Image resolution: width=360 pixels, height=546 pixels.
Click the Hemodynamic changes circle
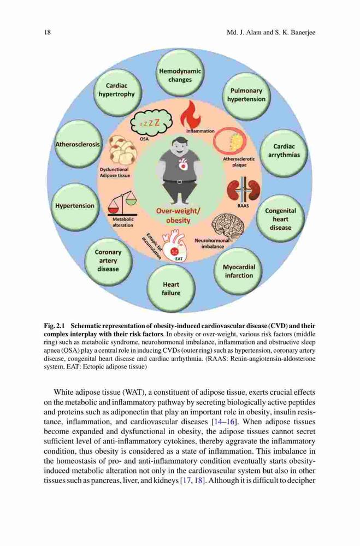pyautogui.click(x=180, y=74)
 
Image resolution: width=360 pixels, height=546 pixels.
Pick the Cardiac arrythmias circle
pyautogui.click(x=284, y=152)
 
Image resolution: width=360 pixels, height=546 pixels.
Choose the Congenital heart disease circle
pyautogui.click(x=280, y=219)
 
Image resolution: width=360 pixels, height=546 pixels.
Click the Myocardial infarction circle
pyautogui.click(x=239, y=271)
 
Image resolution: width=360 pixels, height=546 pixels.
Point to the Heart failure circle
pyautogui.click(x=171, y=288)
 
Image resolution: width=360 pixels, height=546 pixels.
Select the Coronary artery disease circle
pyautogui.click(x=108, y=261)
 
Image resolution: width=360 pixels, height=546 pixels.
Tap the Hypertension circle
pyautogui.click(x=75, y=206)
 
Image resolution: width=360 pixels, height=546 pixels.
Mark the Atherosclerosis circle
pyautogui.click(x=78, y=144)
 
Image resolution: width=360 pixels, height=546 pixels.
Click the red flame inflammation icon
pyautogui.click(x=190, y=114)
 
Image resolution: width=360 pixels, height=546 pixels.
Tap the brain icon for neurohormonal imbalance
pyautogui.click(x=228, y=225)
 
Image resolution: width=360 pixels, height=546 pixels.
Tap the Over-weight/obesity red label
pyautogui.click(x=178, y=216)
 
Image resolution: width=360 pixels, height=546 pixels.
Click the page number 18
pyautogui.click(x=48, y=32)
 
